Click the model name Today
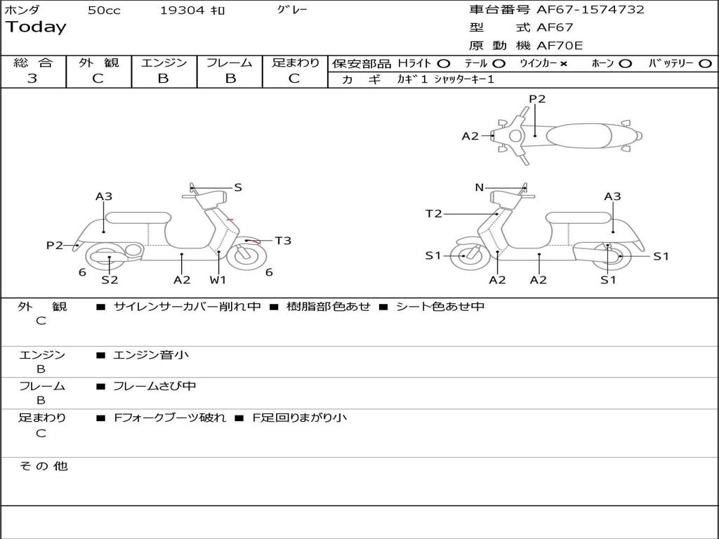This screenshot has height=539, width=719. [x=36, y=27]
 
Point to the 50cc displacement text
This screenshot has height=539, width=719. [x=104, y=11]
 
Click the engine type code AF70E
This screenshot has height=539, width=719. [x=560, y=46]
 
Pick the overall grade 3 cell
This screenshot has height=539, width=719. [x=32, y=79]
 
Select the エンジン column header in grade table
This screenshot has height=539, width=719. [x=164, y=63]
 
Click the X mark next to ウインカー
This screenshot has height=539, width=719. [x=563, y=64]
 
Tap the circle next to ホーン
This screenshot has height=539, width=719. [x=626, y=64]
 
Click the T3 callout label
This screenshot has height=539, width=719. [x=283, y=241]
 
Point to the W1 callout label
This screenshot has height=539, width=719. [x=218, y=280]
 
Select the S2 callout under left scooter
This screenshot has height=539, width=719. [x=110, y=280]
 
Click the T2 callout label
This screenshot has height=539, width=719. [x=434, y=213]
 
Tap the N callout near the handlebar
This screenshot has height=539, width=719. [x=480, y=187]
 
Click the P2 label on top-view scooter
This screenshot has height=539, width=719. [x=537, y=99]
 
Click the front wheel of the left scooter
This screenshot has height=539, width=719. [x=245, y=255]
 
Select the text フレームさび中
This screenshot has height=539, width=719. [x=154, y=386]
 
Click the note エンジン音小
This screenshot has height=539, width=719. [x=151, y=355]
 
